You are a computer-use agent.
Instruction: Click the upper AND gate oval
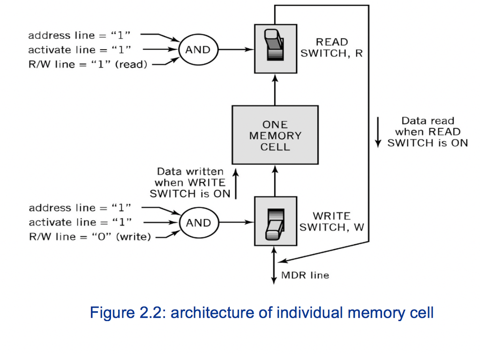pos(198,50)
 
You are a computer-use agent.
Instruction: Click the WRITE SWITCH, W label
pos(331,222)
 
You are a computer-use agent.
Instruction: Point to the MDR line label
pos(305,275)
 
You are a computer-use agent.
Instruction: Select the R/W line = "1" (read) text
pos(88,64)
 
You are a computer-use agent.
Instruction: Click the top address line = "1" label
pos(79,36)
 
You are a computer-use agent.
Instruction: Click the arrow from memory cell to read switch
pos(275,89)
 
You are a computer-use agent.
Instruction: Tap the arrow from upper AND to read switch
pos(236,49)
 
